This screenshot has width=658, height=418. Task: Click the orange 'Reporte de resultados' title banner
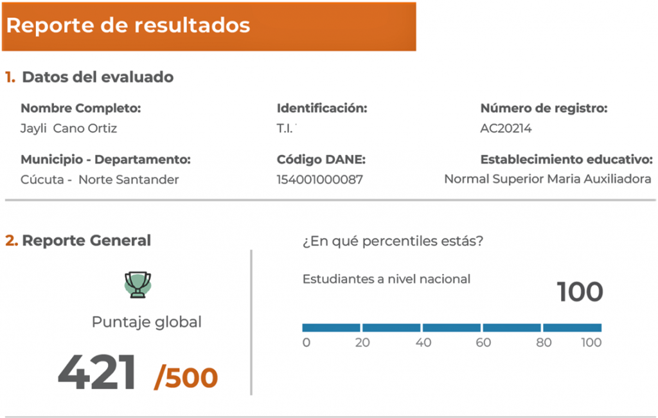tap(209, 26)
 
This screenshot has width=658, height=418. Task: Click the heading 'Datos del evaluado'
tap(98, 77)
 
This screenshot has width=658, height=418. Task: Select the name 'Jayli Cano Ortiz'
tap(69, 129)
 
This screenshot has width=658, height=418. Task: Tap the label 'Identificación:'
tap(322, 109)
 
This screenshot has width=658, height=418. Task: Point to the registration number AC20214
tap(506, 128)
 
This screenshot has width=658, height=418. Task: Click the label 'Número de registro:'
tap(544, 109)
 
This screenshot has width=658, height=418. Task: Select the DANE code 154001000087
tap(320, 180)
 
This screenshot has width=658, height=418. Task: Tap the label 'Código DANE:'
tap(321, 159)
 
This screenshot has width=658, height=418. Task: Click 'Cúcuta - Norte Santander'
tap(100, 180)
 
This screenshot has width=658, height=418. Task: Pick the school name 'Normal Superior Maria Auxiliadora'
tap(547, 179)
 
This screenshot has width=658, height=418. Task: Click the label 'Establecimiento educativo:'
tap(567, 159)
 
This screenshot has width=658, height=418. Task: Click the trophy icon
tap(138, 285)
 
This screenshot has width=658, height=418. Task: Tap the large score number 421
tap(97, 372)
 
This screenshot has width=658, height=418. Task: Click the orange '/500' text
tap(186, 377)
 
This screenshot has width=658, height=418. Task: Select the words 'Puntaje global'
tap(147, 322)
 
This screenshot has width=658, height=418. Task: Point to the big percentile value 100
tap(580, 291)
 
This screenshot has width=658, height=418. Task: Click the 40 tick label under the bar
tap(423, 342)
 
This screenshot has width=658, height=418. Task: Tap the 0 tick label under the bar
tap(307, 342)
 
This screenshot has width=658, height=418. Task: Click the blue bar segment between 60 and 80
tap(511, 328)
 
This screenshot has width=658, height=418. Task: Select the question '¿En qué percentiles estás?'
tap(393, 241)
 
